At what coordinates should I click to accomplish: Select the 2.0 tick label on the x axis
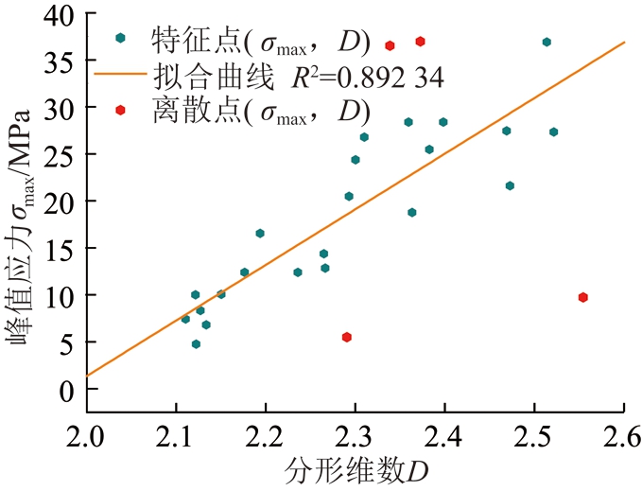coord(86,437)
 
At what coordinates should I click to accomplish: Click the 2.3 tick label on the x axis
coord(355,437)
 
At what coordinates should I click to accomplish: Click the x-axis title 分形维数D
coord(355,470)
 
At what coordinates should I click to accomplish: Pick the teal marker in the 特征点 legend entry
coord(120,38)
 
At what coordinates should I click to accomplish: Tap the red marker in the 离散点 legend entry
coord(120,111)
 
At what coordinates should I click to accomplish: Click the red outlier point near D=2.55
coord(583,297)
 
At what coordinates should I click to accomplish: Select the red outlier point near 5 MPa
coord(347,337)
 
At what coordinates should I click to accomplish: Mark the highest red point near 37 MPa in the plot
coord(420,42)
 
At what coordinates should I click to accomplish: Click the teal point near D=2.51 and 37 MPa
coord(547,43)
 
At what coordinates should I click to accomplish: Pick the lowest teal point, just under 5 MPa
coord(196,344)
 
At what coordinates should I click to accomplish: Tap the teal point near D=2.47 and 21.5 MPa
coord(510,186)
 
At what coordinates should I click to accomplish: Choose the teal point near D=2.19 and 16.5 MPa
coord(260,234)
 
